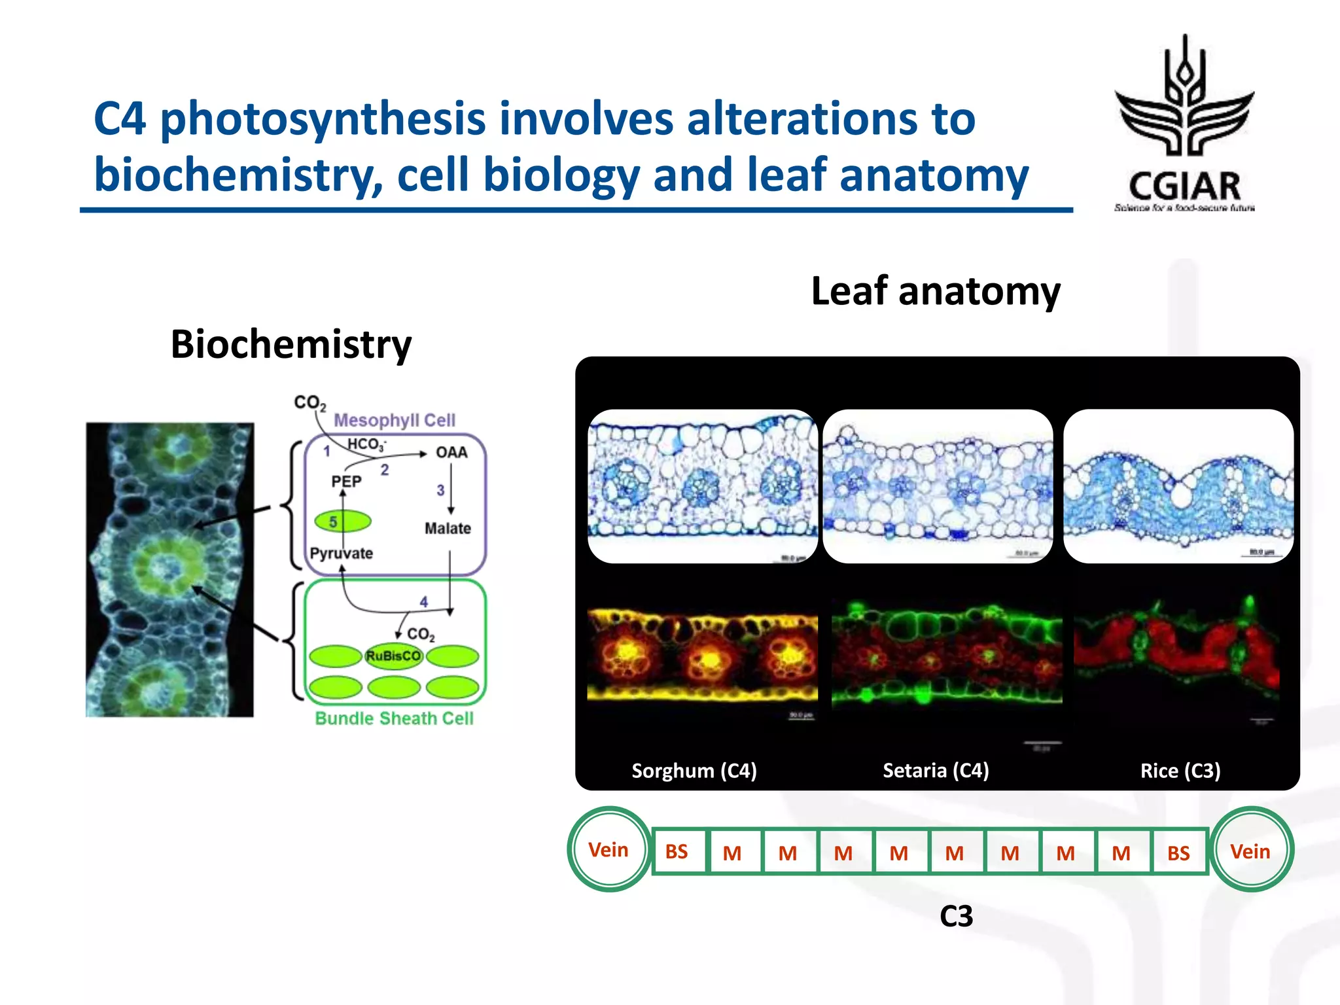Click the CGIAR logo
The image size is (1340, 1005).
pyautogui.click(x=1184, y=124)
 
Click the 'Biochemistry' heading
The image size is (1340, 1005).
pyautogui.click(x=291, y=344)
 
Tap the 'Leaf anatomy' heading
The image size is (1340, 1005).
pyautogui.click(x=936, y=291)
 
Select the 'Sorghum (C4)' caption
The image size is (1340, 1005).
pyautogui.click(x=694, y=771)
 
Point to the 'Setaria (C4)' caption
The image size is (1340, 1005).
pyautogui.click(x=936, y=771)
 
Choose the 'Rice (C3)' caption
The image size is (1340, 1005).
pyautogui.click(x=1180, y=771)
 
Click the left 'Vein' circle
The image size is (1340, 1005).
pyautogui.click(x=609, y=850)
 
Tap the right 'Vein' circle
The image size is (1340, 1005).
pyautogui.click(x=1251, y=851)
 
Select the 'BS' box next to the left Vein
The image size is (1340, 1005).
pyautogui.click(x=677, y=852)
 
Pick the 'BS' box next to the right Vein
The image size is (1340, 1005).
pyautogui.click(x=1178, y=853)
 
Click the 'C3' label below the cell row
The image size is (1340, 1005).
pyautogui.click(x=956, y=916)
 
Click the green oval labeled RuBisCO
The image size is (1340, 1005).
pyautogui.click(x=393, y=656)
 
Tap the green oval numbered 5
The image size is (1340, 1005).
pyautogui.click(x=342, y=521)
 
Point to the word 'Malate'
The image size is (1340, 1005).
pyautogui.click(x=448, y=528)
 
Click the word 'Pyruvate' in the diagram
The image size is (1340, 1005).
pyautogui.click(x=341, y=554)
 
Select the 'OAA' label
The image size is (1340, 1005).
pyautogui.click(x=451, y=453)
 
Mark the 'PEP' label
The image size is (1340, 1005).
pyautogui.click(x=346, y=482)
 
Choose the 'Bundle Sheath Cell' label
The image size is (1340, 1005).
pyautogui.click(x=394, y=718)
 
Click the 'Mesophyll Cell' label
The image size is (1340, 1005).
pyautogui.click(x=394, y=420)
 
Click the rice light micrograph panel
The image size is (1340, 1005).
pyautogui.click(x=1178, y=486)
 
